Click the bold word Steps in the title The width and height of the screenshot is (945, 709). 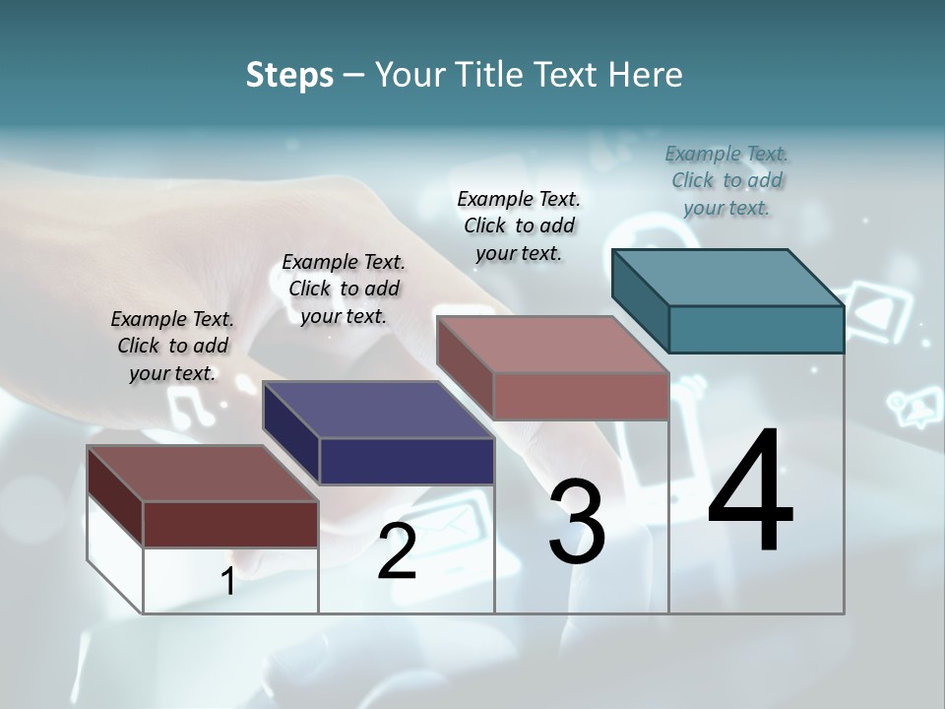[289, 75]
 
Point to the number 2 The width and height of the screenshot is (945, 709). [397, 551]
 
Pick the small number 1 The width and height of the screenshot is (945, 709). [227, 582]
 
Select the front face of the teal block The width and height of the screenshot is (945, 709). [756, 329]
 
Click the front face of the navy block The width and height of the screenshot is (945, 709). [407, 461]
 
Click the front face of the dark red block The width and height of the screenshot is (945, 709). [230, 524]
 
